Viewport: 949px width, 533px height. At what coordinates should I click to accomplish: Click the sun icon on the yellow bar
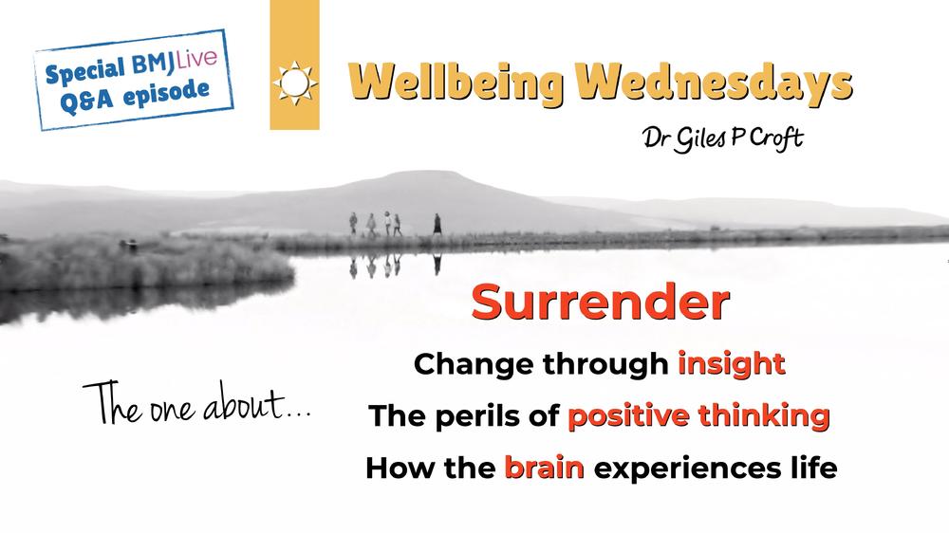(295, 83)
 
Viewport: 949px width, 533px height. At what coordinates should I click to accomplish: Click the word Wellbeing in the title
(456, 83)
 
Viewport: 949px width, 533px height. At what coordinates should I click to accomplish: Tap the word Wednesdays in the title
(714, 83)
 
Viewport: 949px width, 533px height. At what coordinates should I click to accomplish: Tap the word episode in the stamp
(166, 93)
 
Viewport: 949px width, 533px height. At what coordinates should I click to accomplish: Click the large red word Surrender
(601, 302)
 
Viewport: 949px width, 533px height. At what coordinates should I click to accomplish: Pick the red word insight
(732, 364)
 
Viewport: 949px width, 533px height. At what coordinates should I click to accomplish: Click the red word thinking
(764, 416)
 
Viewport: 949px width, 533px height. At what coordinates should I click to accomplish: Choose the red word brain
(544, 468)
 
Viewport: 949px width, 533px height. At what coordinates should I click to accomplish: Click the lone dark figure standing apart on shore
(437, 224)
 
